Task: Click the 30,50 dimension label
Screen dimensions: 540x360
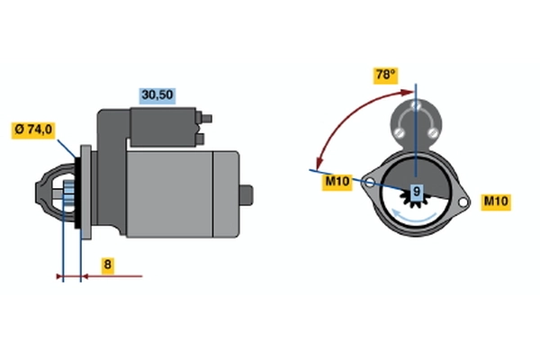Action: click(157, 95)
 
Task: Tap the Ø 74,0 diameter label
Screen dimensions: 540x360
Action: click(33, 130)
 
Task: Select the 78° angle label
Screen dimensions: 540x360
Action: click(386, 76)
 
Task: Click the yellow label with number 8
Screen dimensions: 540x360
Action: click(107, 265)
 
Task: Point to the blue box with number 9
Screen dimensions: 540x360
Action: click(417, 191)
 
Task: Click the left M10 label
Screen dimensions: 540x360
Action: click(337, 182)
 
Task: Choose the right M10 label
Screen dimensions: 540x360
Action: click(496, 202)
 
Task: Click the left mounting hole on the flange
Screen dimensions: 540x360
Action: click(369, 182)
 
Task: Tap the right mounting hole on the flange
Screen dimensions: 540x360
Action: click(463, 202)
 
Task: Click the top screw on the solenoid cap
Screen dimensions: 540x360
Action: click(416, 104)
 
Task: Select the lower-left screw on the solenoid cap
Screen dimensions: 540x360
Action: click(399, 131)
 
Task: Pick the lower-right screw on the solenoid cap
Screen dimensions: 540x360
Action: click(432, 132)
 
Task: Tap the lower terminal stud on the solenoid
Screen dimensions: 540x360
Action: click(201, 139)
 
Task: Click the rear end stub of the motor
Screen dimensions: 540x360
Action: click(247, 195)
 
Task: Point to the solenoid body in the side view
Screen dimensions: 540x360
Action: click(163, 127)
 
